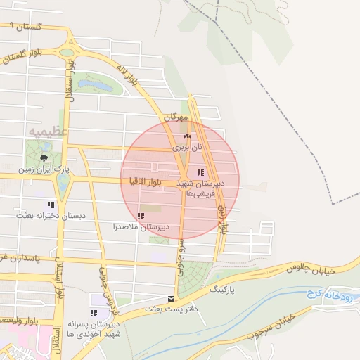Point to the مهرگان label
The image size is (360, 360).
click(175, 117)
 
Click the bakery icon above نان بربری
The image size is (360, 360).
click(186, 137)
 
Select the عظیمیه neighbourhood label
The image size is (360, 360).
click(48, 131)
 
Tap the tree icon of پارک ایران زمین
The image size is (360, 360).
click(44, 157)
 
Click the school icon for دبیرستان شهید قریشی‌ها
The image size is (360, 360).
click(200, 172)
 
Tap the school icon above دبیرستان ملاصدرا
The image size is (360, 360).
click(141, 216)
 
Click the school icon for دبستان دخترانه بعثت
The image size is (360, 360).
click(50, 205)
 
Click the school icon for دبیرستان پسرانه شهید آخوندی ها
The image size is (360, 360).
click(93, 313)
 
